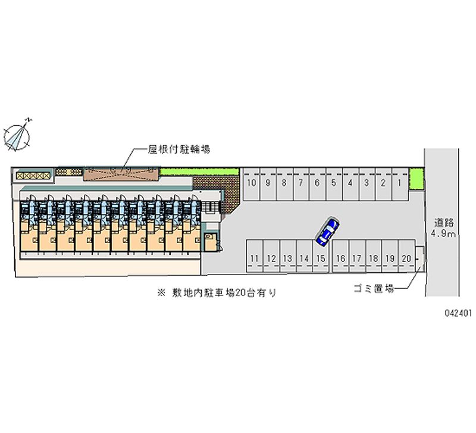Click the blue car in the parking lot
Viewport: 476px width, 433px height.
pyautogui.click(x=327, y=232)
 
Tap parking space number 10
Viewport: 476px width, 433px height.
pyautogui.click(x=252, y=183)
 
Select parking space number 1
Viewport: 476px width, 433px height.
pyautogui.click(x=400, y=183)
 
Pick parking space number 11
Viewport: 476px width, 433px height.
pyautogui.click(x=255, y=258)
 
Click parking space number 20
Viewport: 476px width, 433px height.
pyautogui.click(x=406, y=258)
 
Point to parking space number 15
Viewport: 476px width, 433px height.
pyautogui.click(x=320, y=258)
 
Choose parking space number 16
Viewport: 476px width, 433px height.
pyautogui.click(x=340, y=258)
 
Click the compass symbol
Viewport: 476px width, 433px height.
pyautogui.click(x=18, y=135)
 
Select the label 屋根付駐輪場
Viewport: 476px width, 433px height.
pyautogui.click(x=178, y=149)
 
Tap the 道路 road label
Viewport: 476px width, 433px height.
pyautogui.click(x=444, y=223)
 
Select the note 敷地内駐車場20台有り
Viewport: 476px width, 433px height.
pyautogui.click(x=217, y=293)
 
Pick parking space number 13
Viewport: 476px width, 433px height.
pyautogui.click(x=287, y=258)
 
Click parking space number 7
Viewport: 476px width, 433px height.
pyautogui.click(x=301, y=183)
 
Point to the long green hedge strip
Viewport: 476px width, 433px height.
pyautogui.click(x=199, y=172)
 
